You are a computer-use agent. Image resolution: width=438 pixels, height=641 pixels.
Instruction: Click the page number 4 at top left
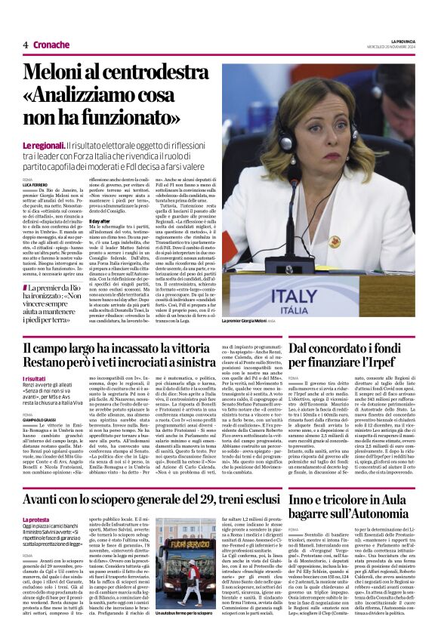(25, 45)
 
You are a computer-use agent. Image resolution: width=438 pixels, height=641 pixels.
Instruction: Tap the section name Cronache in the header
(51, 45)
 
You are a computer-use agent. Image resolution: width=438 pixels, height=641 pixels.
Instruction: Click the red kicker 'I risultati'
(34, 379)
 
